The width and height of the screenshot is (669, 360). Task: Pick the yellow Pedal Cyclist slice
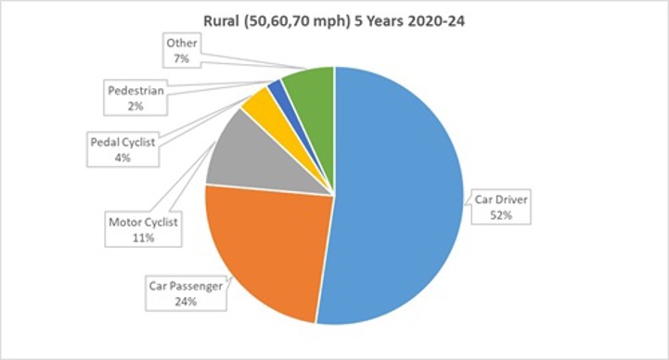click(x=261, y=109)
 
